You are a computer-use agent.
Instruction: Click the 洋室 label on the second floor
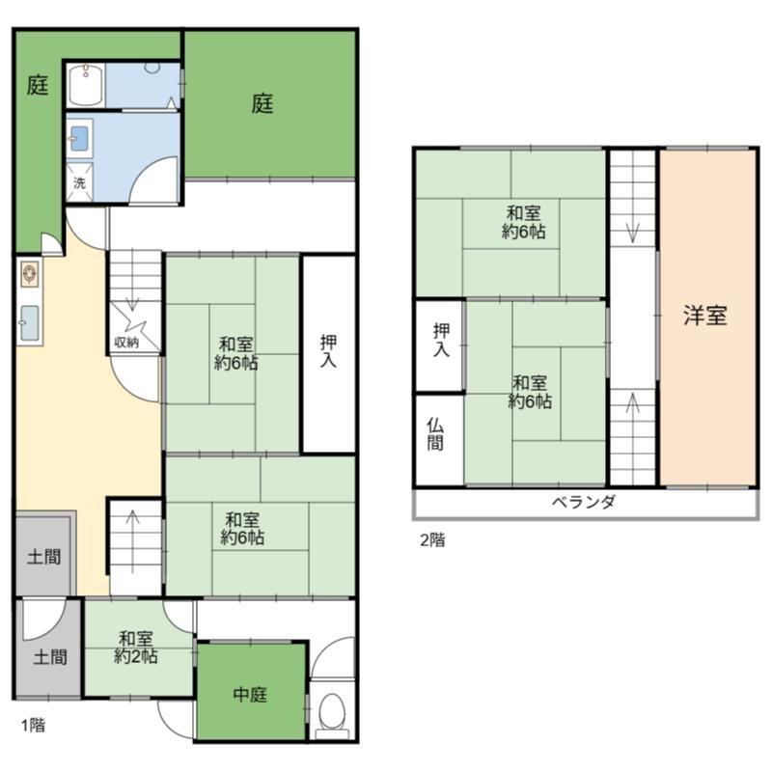coord(705,317)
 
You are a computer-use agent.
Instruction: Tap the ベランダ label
coord(584,503)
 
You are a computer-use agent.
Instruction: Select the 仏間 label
coord(438,434)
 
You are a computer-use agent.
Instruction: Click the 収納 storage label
coord(126,342)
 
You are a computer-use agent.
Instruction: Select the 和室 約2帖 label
coord(136,648)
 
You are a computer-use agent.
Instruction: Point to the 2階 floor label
coord(431,540)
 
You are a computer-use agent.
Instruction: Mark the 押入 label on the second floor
coord(440,339)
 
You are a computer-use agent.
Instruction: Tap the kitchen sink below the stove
coord(29,324)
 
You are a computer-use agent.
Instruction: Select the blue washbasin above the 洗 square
coord(79,139)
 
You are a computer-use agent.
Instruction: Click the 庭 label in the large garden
coord(262,103)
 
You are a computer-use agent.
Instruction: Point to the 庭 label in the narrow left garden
coord(37,87)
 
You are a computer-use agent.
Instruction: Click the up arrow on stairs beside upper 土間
coord(132,521)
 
